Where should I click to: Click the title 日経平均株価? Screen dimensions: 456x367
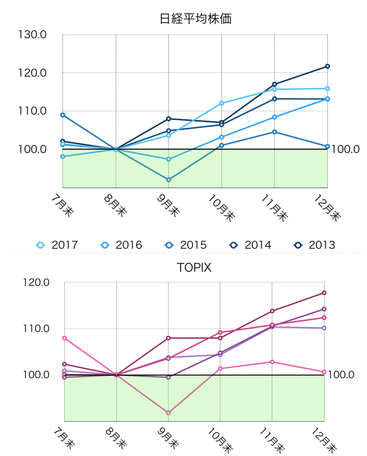point(195,19)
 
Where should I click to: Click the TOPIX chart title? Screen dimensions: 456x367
point(194,268)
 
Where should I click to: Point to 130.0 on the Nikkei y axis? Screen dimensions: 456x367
point(32,35)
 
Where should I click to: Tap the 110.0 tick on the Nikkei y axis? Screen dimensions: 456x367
point(32,111)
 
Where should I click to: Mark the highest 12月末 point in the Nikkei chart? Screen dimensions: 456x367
point(328,66)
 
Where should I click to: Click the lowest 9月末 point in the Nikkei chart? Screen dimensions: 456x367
point(169,179)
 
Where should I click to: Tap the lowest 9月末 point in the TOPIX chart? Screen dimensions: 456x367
point(169,413)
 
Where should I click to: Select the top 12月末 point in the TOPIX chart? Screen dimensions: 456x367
point(324,293)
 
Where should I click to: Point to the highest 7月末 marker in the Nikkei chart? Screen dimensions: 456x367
point(63,115)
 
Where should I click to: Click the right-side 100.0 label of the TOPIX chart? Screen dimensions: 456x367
point(341,375)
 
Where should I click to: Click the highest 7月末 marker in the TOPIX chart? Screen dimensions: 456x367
point(64,338)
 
